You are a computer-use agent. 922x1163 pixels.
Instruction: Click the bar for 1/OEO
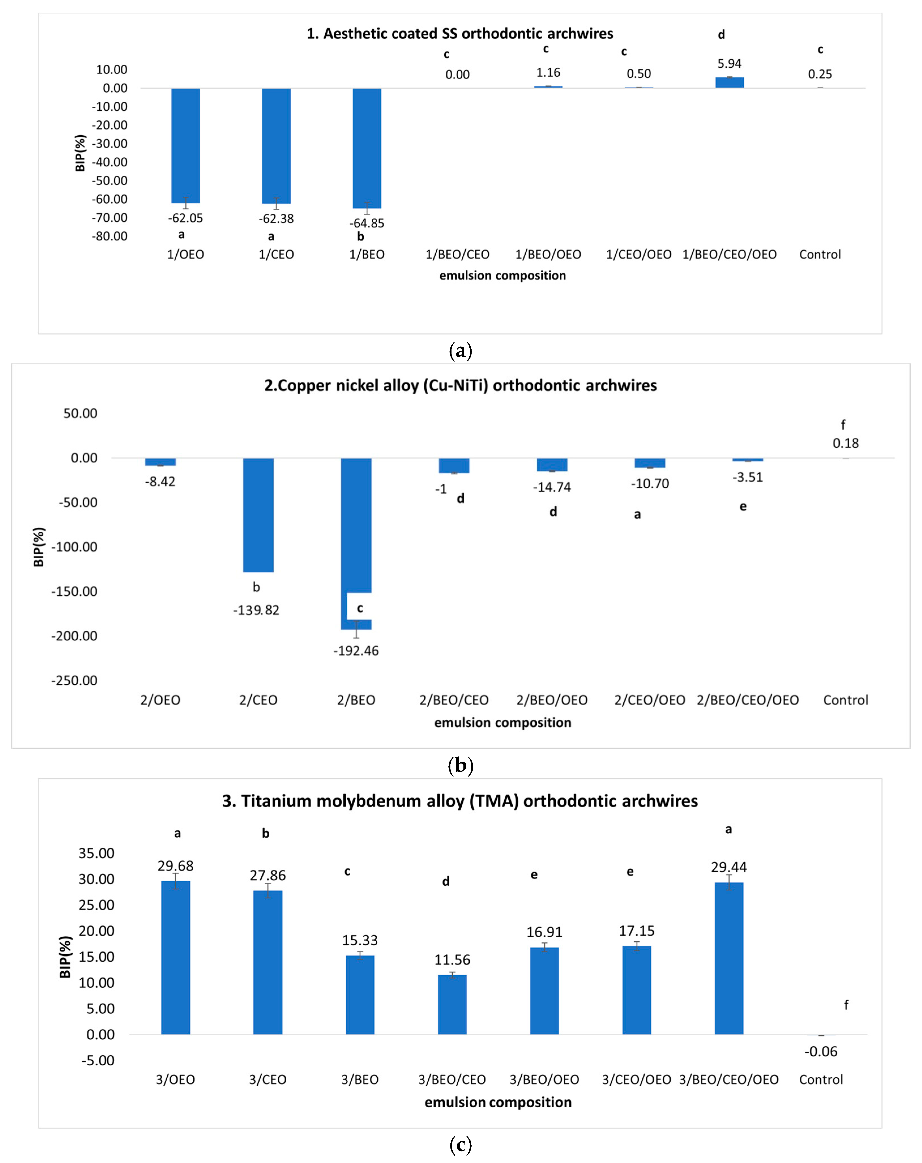coord(186,145)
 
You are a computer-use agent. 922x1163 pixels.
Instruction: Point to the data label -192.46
coord(356,651)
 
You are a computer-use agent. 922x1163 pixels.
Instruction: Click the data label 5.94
coord(730,64)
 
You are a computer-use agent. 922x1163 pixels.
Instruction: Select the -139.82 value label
coord(256,610)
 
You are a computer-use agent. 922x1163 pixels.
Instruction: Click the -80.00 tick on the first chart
coord(110,236)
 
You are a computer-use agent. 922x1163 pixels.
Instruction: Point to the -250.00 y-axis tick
coord(74,681)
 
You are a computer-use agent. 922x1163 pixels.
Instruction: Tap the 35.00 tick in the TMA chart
coord(97,853)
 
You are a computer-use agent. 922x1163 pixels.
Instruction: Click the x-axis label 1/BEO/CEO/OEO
coord(730,255)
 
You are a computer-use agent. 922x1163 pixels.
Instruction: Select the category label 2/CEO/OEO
coord(650,700)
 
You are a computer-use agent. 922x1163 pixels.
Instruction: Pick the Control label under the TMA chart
coord(821,1079)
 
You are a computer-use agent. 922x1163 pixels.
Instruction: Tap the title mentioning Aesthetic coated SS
coord(460,33)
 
